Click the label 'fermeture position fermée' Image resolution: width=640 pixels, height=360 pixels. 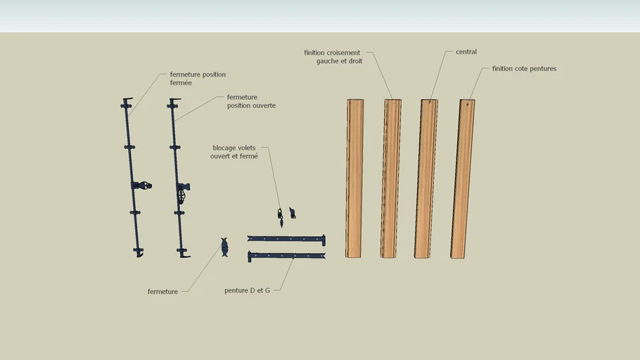coord(198,78)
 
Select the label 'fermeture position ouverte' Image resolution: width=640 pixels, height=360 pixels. coord(251,101)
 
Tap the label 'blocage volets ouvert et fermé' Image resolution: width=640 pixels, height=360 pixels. coord(234,152)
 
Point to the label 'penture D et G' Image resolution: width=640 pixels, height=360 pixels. coord(247,290)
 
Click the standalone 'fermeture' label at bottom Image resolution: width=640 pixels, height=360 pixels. coord(162,291)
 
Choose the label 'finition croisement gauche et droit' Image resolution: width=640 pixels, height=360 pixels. coord(333,57)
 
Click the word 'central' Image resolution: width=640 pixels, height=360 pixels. coord(466,52)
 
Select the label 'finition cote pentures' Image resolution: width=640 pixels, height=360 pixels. coord(524,69)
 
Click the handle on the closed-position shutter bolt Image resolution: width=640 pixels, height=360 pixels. coord(143,186)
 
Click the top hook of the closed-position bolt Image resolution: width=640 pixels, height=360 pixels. coord(127,100)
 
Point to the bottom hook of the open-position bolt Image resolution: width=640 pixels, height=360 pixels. coord(185,255)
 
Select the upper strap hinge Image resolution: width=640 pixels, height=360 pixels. coord(286,239)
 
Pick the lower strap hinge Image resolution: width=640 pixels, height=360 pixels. coord(286,256)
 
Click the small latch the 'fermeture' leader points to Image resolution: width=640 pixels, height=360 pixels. coord(224,247)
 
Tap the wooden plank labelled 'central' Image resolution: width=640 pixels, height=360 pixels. coord(425,179)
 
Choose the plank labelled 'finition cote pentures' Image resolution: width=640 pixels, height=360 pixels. coord(463,179)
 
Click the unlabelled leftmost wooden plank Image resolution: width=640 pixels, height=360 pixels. coord(354,179)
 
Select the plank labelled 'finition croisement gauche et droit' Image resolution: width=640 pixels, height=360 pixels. coord(390,179)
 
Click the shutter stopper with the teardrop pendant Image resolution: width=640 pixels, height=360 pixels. coord(281,217)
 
